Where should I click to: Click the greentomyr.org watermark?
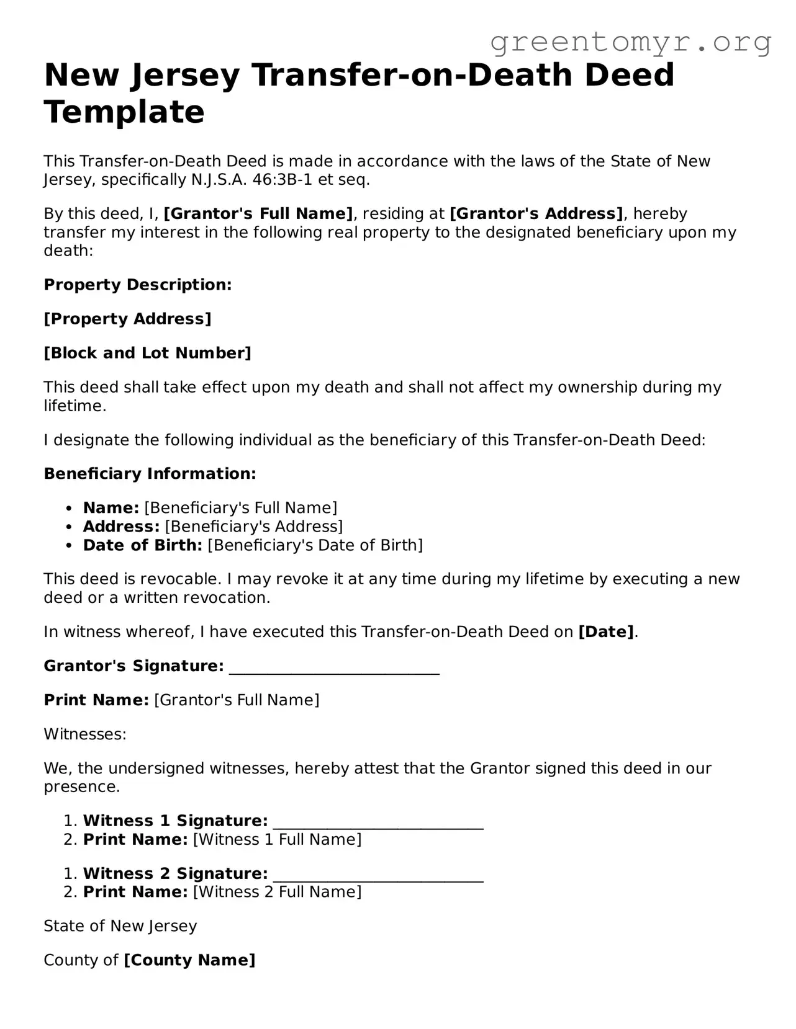(x=630, y=42)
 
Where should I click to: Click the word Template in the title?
(x=124, y=112)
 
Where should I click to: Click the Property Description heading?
(x=137, y=285)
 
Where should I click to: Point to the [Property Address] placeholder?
(x=127, y=319)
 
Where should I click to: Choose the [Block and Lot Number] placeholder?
(x=147, y=353)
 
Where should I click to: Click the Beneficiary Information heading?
(x=150, y=474)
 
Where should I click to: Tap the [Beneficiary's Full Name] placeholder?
(x=241, y=508)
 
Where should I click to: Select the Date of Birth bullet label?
(x=143, y=545)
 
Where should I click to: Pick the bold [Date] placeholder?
(x=606, y=632)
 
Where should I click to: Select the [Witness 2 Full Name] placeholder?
(x=277, y=892)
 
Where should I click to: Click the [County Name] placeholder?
(x=189, y=960)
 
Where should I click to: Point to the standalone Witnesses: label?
(x=85, y=734)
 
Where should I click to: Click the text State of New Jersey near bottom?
(x=120, y=926)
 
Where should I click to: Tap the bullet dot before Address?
(x=70, y=527)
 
